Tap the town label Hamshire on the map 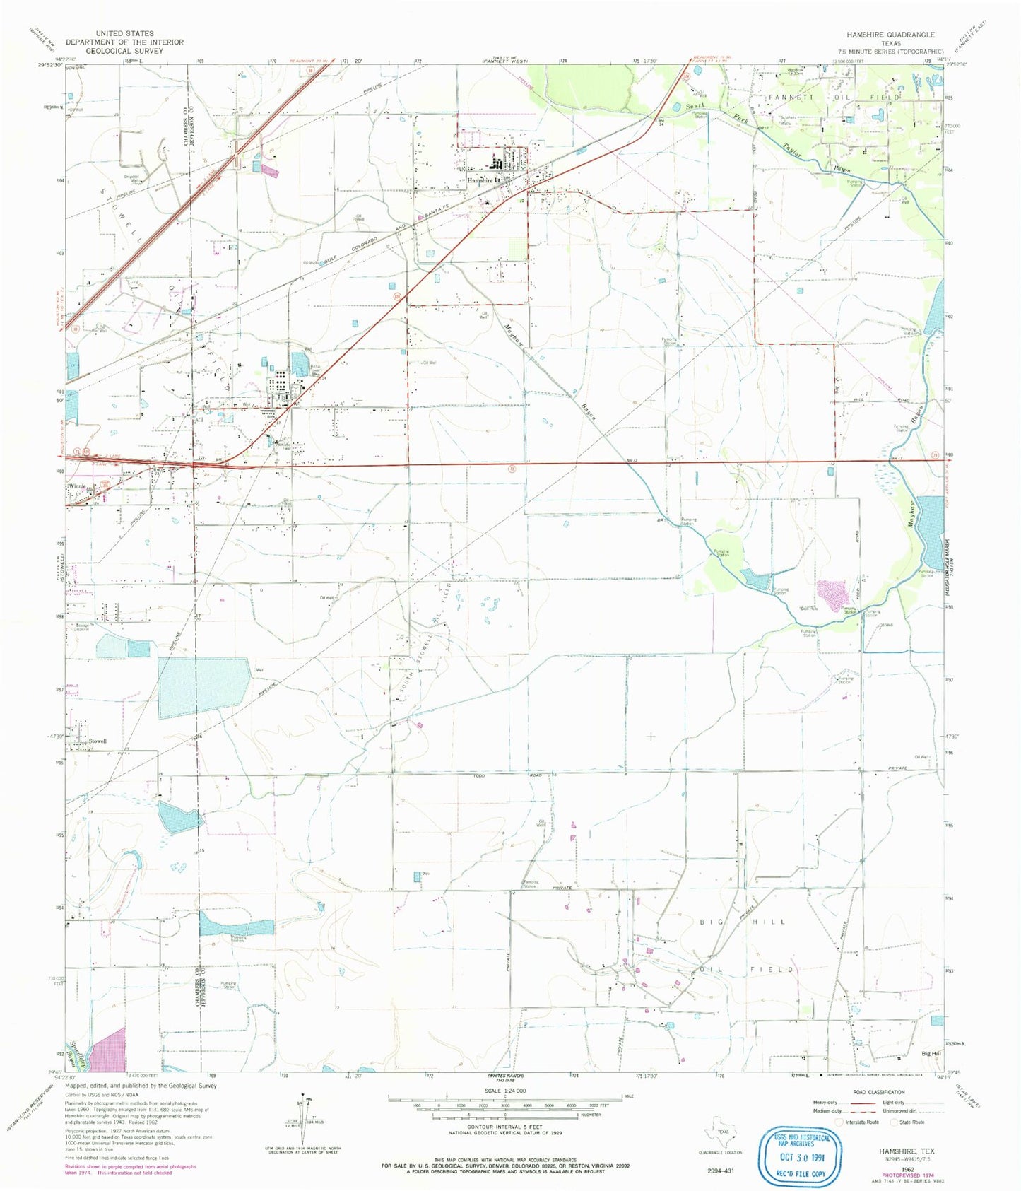[480, 180]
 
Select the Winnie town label [77, 487]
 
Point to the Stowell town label [98, 741]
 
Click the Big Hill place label [931, 1053]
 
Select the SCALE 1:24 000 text [504, 1091]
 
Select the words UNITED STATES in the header [124, 33]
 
